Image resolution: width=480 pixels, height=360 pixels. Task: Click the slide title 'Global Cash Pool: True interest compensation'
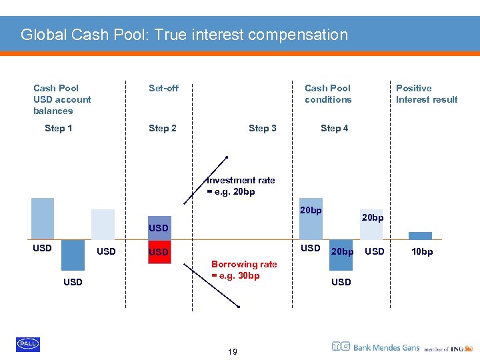click(184, 35)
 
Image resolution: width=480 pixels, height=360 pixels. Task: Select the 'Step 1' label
click(59, 128)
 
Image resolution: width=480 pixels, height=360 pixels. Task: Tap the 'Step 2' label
click(162, 128)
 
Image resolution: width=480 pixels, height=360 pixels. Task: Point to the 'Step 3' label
click(262, 128)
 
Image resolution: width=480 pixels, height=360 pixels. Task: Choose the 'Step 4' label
click(334, 128)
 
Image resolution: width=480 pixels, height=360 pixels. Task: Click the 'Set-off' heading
click(163, 88)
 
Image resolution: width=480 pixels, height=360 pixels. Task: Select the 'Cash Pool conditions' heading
click(327, 94)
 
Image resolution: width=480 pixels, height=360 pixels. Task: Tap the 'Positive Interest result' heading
click(426, 94)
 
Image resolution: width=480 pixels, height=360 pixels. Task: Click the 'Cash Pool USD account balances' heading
click(62, 99)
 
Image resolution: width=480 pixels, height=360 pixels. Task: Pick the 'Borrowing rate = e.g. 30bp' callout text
click(243, 270)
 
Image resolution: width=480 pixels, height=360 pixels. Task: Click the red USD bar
click(159, 252)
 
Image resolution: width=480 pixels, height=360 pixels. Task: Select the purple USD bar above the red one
click(159, 227)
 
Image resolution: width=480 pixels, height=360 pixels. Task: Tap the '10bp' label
click(421, 251)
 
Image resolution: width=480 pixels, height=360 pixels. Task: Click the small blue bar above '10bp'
click(420, 235)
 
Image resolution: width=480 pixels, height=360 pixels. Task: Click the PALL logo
click(28, 344)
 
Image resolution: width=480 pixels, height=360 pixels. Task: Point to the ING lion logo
click(469, 347)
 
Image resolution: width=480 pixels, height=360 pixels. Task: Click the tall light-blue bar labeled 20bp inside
click(311, 219)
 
